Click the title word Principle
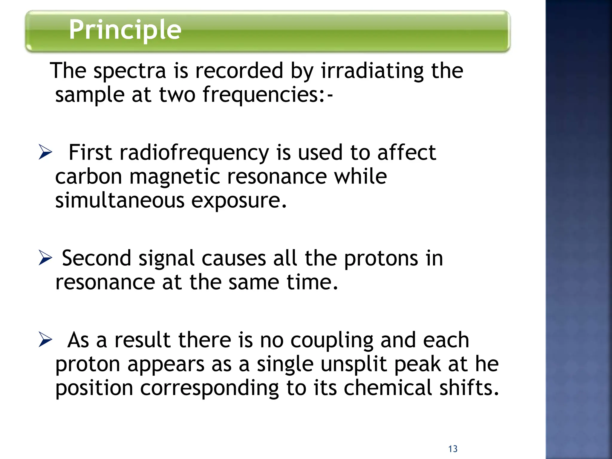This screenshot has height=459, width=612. point(125,30)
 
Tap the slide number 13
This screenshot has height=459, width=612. point(453,449)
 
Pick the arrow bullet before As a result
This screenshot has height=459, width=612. point(45,340)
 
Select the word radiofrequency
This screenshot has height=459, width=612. point(194,153)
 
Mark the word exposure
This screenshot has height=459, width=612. point(239,201)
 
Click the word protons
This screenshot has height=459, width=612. point(381,258)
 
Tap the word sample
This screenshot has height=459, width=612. point(90,95)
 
